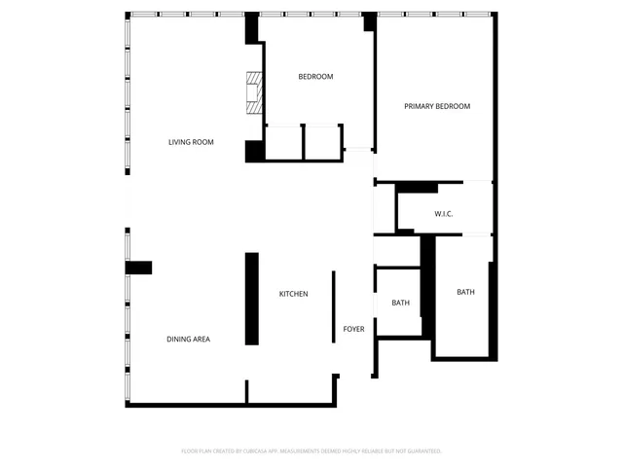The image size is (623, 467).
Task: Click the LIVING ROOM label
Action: [x=191, y=142]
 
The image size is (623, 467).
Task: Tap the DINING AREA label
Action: [x=188, y=339]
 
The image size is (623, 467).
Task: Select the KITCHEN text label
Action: [x=293, y=294]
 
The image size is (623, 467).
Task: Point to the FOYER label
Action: [x=353, y=329]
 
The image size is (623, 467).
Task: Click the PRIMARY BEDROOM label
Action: [x=437, y=106]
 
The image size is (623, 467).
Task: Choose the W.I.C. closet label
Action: [x=439, y=214]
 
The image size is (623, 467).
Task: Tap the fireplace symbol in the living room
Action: [x=254, y=93]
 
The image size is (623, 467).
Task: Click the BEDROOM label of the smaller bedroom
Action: [x=315, y=77]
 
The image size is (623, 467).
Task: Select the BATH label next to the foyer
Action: [x=400, y=303]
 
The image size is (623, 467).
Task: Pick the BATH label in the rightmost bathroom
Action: [x=465, y=292]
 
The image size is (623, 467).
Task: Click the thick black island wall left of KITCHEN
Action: [x=251, y=299]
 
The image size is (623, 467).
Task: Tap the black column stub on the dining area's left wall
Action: [x=138, y=268]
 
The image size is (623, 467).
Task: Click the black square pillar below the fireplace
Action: [x=254, y=151]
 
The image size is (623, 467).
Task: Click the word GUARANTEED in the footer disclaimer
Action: [x=422, y=450]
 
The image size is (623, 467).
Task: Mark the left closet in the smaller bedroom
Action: [x=283, y=142]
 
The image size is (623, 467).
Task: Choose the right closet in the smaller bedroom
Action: [x=322, y=142]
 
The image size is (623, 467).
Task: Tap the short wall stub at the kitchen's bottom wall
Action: [x=247, y=392]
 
